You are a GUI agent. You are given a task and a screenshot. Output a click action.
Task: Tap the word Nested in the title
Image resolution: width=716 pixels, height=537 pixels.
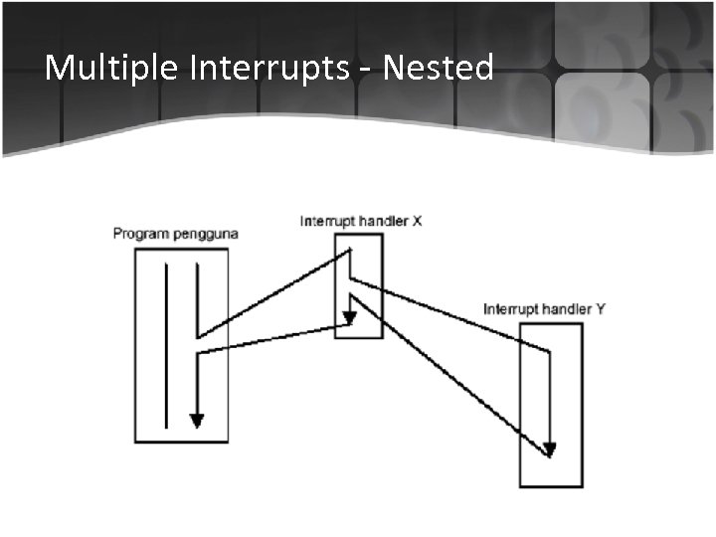[x=439, y=68]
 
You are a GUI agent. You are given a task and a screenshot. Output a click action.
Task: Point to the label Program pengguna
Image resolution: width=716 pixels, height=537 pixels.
[x=176, y=234]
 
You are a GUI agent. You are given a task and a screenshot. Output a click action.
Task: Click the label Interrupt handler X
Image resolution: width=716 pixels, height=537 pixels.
[x=361, y=221]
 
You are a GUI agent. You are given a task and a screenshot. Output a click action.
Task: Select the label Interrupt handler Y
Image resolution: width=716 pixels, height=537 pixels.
[x=544, y=308]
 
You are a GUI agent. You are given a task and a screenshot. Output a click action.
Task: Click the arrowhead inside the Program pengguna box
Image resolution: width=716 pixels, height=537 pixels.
[x=197, y=420]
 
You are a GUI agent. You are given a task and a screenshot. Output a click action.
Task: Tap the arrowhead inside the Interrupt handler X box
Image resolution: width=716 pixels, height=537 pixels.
[x=349, y=318]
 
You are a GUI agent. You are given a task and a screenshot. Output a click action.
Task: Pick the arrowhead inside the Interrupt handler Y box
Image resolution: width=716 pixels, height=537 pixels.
[x=550, y=449]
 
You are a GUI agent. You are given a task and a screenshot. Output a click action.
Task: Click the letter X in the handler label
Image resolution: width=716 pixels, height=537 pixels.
[x=417, y=221]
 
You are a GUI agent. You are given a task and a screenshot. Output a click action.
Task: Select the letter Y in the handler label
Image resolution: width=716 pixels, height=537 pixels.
[x=600, y=308]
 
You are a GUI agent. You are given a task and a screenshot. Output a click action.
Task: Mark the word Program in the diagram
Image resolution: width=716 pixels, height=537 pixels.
[x=138, y=234]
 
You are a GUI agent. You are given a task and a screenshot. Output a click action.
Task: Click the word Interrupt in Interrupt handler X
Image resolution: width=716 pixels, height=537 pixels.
[x=327, y=221]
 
